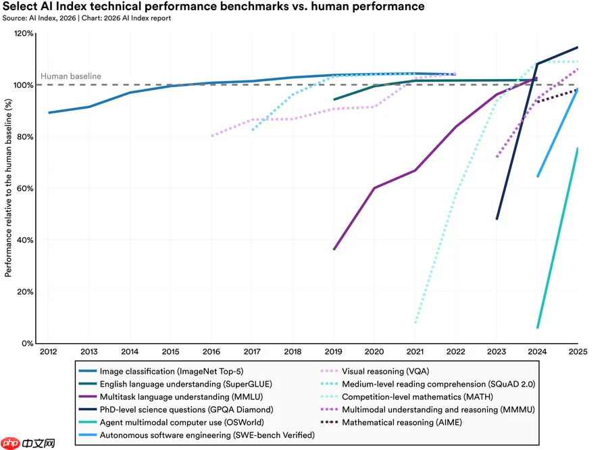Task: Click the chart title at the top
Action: coord(213,7)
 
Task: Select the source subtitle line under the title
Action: coord(86,18)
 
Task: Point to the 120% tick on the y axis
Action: coord(24,33)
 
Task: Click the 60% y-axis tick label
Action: coord(25,189)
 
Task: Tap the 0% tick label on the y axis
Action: coord(28,343)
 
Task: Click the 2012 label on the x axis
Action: coord(49,352)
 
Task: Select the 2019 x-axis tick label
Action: coord(334,352)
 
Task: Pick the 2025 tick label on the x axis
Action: coord(578,352)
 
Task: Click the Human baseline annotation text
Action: coord(71,76)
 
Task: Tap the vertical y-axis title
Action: coord(8,188)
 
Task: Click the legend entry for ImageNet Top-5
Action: coord(161,371)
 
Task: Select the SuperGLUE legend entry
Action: coord(175,384)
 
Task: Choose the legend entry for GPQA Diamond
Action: coord(176,409)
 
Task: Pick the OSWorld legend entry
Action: coord(172,422)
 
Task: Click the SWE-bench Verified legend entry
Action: coord(197,435)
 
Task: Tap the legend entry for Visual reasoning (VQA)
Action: coord(375,371)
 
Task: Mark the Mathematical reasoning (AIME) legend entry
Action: coord(391,422)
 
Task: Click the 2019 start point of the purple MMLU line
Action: coord(334,249)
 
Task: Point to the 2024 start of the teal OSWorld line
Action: coord(538,328)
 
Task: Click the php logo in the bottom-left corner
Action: coord(28,443)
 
